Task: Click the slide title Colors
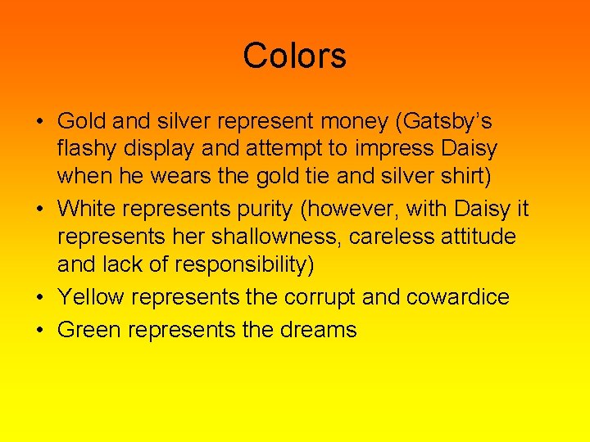click(x=294, y=56)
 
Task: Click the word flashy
click(x=88, y=151)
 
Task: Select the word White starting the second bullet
click(x=87, y=209)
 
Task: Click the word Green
click(x=88, y=330)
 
